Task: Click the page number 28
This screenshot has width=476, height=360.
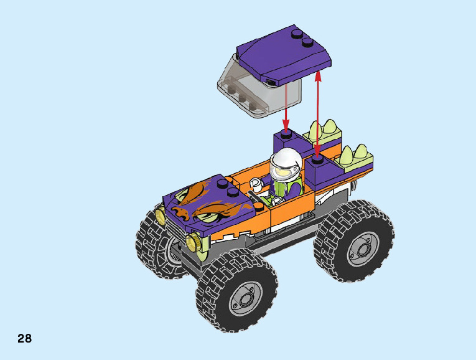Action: [x=24, y=338]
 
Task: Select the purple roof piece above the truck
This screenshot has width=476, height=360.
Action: [x=284, y=55]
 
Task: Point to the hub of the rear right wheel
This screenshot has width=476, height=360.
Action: [x=363, y=249]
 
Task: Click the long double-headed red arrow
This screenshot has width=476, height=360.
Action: [x=317, y=115]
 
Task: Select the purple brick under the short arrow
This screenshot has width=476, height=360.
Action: [x=288, y=143]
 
